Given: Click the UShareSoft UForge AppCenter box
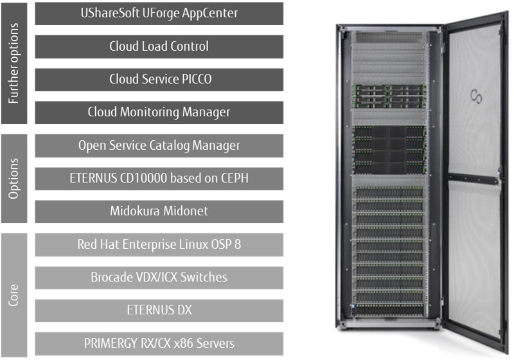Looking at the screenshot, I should pos(159,13).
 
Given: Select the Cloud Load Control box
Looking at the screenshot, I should pos(159,46).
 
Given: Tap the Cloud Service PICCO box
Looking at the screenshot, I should pos(159,80).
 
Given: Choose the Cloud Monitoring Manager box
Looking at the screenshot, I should pos(159,113).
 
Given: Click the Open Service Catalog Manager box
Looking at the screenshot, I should pos(159,146).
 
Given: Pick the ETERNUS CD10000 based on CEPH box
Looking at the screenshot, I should pos(159,179).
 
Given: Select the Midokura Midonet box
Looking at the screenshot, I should pos(159,212).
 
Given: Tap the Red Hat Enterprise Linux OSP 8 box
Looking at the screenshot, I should pos(159,244).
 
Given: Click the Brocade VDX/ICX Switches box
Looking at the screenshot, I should pos(159,278).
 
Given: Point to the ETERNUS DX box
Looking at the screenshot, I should pos(159,310).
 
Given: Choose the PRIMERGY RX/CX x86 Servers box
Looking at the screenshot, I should pos(159,343).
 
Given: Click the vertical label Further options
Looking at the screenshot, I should pos(15,63).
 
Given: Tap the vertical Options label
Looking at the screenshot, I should pos(15,179).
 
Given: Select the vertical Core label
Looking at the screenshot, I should pos(15,294).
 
